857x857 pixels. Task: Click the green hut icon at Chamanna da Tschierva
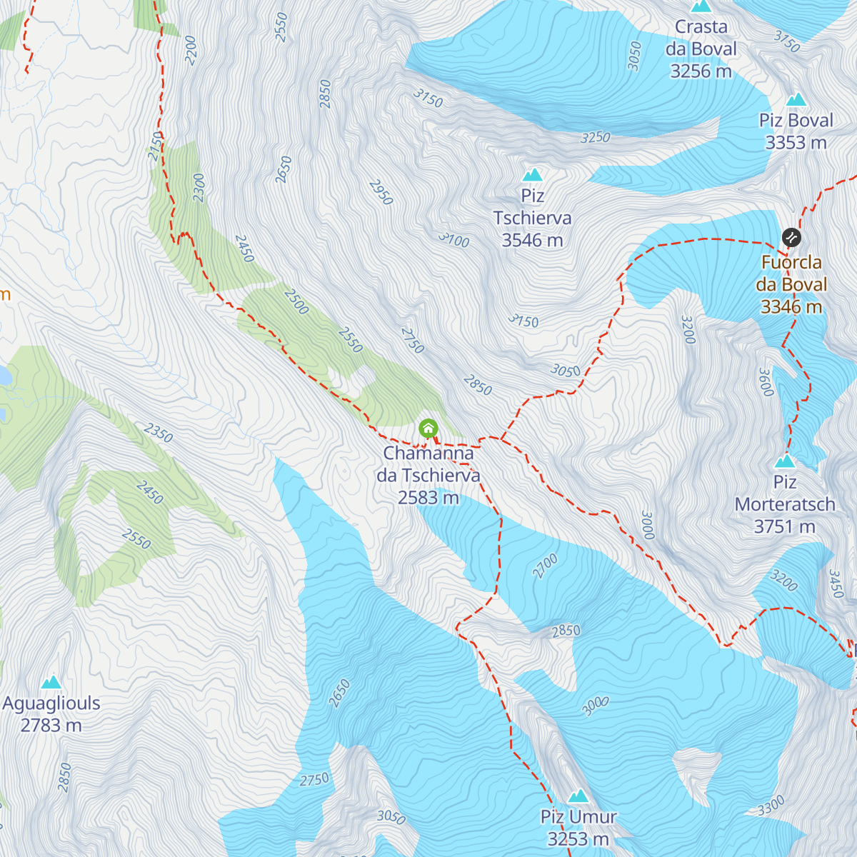point(428,428)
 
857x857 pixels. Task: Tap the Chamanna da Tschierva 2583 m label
point(428,475)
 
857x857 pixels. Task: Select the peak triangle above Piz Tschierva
point(532,175)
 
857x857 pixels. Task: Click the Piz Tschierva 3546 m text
point(532,219)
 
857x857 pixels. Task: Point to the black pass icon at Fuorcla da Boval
point(791,237)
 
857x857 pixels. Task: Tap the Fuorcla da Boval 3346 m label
point(791,285)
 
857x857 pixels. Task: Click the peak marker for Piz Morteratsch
point(785,461)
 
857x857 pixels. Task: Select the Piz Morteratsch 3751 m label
point(785,505)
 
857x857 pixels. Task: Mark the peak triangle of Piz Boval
point(796,100)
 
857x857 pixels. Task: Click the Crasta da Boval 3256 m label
point(701,49)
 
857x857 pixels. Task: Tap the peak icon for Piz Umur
point(578,796)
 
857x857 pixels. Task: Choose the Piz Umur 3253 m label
point(578,828)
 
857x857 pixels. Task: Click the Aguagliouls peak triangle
point(51,683)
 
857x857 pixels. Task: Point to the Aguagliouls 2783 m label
point(51,714)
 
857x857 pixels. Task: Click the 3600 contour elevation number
point(766,382)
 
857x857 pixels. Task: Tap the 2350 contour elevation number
point(158,433)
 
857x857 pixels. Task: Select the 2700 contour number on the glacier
point(545,566)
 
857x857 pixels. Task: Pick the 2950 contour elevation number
point(381,192)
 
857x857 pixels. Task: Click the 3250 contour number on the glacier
point(595,137)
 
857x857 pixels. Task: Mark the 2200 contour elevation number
point(190,50)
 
